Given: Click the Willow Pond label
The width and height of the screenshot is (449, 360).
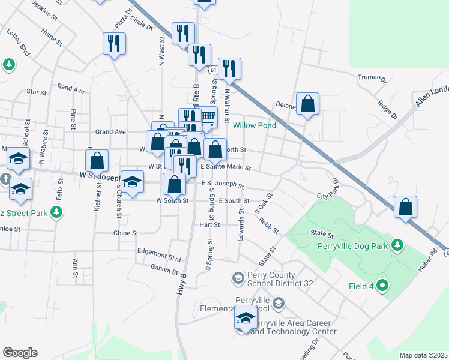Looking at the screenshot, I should [x=255, y=125].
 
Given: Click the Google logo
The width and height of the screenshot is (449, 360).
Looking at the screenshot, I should [x=20, y=353].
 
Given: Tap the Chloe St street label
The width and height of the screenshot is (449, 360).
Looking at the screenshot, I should [x=126, y=233].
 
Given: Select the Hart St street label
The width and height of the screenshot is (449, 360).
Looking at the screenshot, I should [x=209, y=224].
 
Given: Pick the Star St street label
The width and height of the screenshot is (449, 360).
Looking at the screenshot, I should [x=37, y=92].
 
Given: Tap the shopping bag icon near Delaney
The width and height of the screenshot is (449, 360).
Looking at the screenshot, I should [x=307, y=104].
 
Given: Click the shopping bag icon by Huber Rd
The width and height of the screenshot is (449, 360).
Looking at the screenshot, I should [x=405, y=207].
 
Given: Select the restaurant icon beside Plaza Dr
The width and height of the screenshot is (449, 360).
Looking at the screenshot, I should [x=113, y=43].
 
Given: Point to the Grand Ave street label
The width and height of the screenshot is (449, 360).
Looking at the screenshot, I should [x=110, y=131].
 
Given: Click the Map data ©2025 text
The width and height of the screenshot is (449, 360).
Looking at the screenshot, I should [x=423, y=355].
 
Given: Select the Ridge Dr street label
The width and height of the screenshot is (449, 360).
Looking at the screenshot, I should [x=387, y=109].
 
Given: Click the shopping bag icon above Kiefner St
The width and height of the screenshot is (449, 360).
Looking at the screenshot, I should [x=97, y=161].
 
